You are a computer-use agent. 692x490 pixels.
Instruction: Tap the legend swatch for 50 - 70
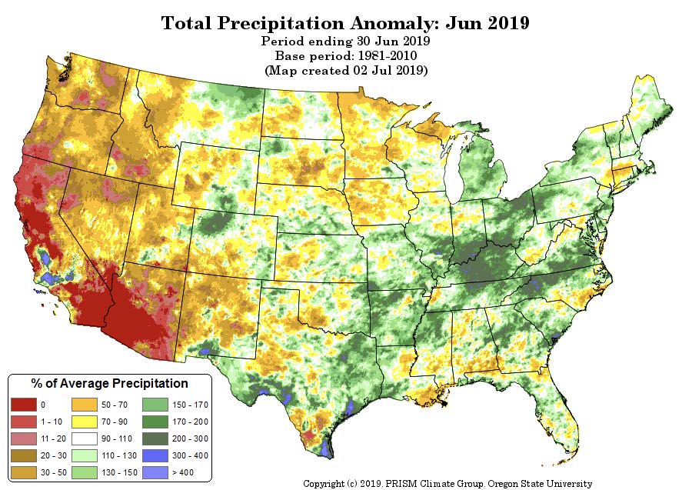coord(84,405)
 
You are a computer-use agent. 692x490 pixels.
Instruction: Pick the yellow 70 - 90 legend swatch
coord(84,422)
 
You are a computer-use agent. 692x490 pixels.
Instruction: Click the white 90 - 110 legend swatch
coord(84,438)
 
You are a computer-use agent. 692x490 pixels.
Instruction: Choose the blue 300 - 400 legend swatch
coord(155,455)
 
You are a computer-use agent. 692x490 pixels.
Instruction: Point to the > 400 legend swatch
coord(155,472)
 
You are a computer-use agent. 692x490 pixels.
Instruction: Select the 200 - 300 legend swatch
coord(155,438)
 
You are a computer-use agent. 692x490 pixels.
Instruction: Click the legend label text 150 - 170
coord(189,405)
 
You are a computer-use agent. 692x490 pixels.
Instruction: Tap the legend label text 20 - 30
coord(52,455)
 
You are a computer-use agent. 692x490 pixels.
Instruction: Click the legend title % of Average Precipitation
coord(109,383)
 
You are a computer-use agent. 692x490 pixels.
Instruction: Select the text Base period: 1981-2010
coord(345,56)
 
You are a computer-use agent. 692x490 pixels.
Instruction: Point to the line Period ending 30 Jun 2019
coord(345,42)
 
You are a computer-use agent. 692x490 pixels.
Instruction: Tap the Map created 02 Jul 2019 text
coord(345,71)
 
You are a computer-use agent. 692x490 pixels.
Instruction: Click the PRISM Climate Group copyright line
coord(447,483)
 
